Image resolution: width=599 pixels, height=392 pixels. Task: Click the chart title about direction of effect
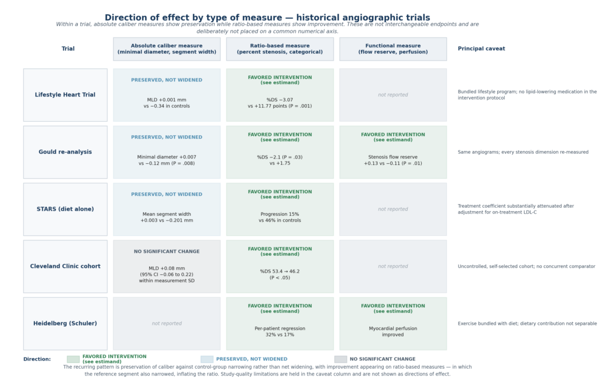[x=267, y=18]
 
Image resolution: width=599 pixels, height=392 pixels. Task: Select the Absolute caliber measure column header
[x=167, y=49]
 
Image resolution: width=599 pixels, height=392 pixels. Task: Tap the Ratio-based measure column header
[x=280, y=49]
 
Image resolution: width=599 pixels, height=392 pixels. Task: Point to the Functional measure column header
[x=393, y=49]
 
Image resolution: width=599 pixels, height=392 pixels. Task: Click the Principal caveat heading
[x=481, y=49]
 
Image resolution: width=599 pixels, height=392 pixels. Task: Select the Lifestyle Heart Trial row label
[x=66, y=95]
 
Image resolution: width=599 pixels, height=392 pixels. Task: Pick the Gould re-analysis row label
[x=66, y=152]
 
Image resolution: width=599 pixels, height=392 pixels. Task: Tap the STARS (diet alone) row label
[x=66, y=209]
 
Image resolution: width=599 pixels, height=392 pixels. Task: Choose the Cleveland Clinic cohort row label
[x=66, y=266]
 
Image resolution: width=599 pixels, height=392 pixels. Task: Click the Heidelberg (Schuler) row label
[x=66, y=324]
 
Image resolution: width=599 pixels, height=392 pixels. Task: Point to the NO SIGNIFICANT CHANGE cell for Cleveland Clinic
[x=167, y=266]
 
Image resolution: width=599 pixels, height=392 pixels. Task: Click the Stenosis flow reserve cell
[x=393, y=152]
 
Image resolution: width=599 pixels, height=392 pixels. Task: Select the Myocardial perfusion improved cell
[x=393, y=324]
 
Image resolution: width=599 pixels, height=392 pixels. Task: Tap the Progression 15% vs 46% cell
[x=280, y=209]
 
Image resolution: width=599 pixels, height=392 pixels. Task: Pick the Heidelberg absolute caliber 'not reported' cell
[x=167, y=324]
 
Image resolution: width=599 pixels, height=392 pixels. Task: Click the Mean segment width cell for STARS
[x=167, y=209]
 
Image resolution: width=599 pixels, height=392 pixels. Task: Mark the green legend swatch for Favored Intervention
[x=73, y=359]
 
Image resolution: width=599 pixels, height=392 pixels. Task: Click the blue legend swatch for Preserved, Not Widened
[x=207, y=359]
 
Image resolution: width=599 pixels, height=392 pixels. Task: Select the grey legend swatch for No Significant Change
[x=341, y=359]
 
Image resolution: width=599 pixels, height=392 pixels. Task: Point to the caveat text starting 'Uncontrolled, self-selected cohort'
[x=526, y=266]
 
